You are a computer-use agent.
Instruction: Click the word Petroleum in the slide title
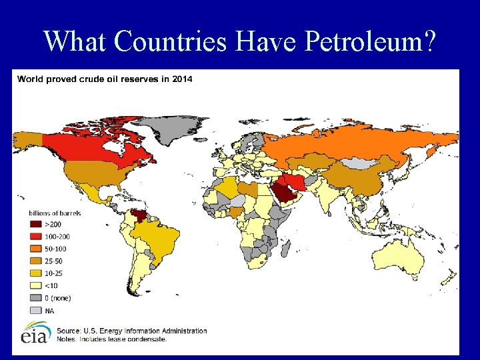point(370,41)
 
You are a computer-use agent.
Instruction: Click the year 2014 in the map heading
point(181,79)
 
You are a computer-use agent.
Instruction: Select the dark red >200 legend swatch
point(35,225)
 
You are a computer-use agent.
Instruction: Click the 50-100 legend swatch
point(35,249)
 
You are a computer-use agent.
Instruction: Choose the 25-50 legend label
point(54,261)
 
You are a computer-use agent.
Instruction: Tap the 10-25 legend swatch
point(35,273)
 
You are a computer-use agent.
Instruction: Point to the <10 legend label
point(51,285)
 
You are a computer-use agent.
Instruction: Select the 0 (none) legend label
point(57,297)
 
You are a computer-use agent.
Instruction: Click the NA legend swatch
point(35,310)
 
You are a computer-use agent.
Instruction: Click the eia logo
point(34,333)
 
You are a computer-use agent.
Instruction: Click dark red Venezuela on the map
point(140,217)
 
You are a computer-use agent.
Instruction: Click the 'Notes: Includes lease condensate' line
point(111,339)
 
